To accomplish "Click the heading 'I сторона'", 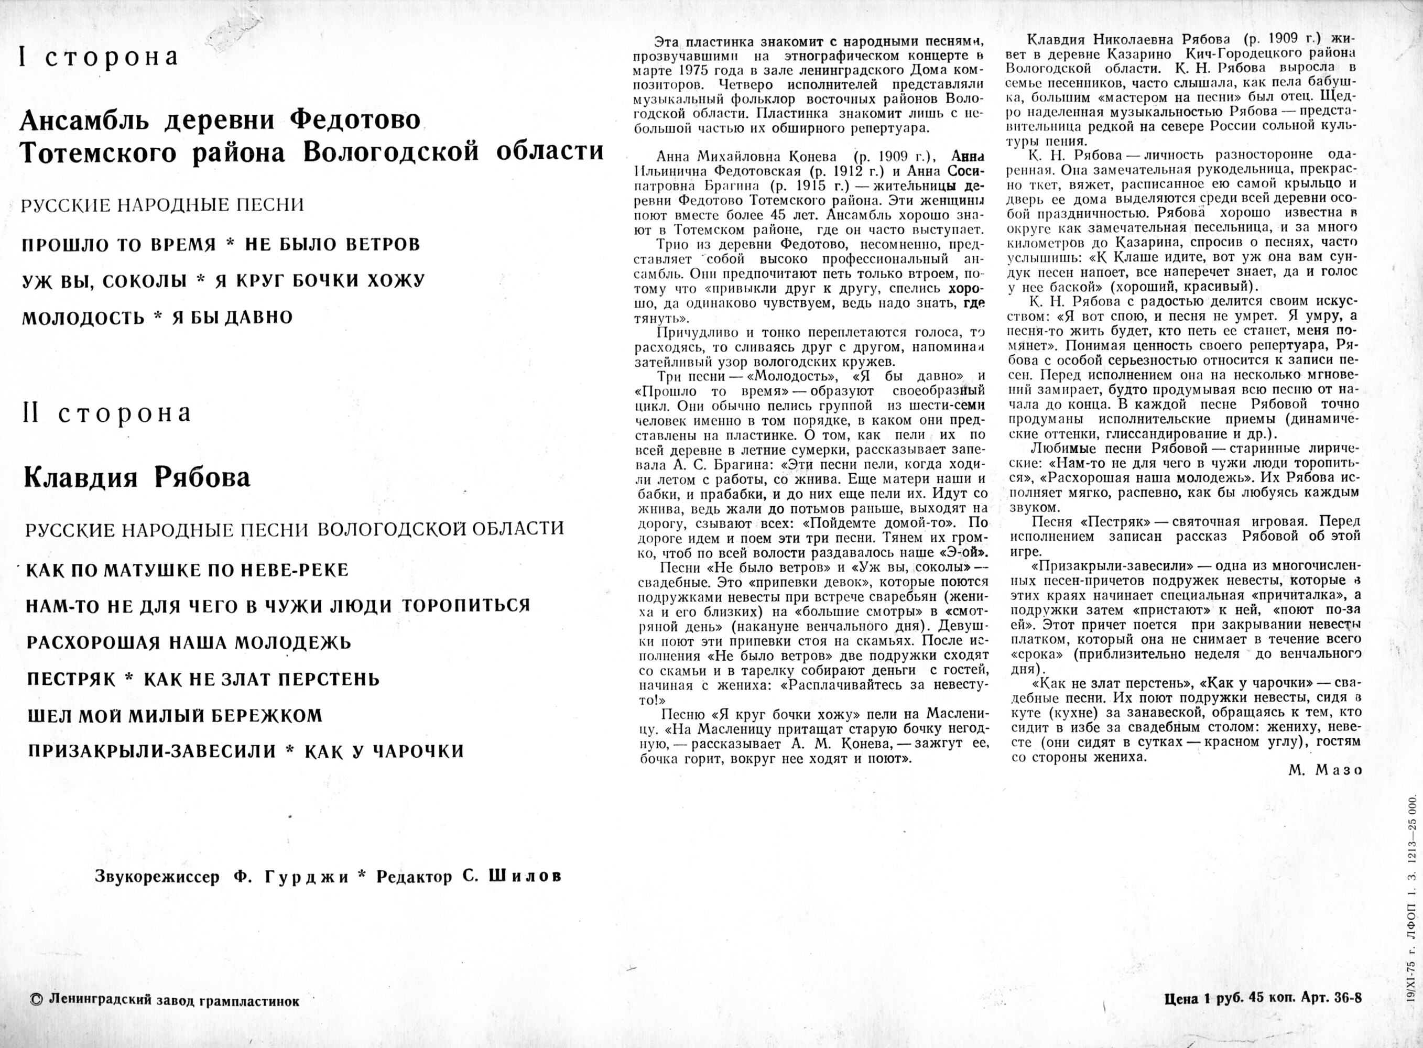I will coord(99,57).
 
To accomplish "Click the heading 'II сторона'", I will coord(106,413).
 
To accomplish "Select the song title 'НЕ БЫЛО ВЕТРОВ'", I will coord(332,245).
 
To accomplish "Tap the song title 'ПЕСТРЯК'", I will coord(72,680).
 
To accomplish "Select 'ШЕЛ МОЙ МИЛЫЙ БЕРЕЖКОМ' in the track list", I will coord(175,716).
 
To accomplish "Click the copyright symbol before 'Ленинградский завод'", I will coord(36,1000).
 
